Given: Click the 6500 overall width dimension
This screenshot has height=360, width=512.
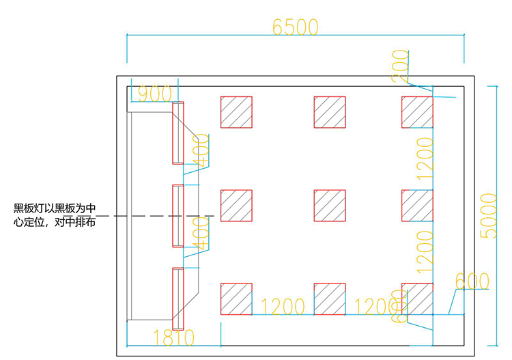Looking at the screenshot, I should (295, 27).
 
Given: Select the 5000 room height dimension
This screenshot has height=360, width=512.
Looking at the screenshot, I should (489, 215).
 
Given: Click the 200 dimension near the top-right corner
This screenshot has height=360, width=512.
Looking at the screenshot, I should (401, 67).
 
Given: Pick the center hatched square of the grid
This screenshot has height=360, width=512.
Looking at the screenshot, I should (330, 206).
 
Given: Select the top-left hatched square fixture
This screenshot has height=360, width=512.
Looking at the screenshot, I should (236, 112).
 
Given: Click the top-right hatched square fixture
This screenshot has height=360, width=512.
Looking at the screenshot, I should (417, 112).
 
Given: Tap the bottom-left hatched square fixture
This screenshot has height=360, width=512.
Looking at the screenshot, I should (236, 299).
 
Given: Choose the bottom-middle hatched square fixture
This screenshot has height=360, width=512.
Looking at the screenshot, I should (330, 299).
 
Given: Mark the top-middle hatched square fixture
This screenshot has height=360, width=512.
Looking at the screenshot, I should (330, 112).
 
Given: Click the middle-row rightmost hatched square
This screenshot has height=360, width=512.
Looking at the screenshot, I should (417, 206).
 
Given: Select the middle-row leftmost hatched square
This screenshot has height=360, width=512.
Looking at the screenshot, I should (236, 206).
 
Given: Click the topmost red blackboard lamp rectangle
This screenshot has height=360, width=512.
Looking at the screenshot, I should (178, 133).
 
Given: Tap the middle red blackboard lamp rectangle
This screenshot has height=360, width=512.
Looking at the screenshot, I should (178, 216).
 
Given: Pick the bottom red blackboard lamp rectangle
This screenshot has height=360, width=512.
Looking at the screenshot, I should (178, 299).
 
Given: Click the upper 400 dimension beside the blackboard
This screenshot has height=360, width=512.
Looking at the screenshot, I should (201, 150).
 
